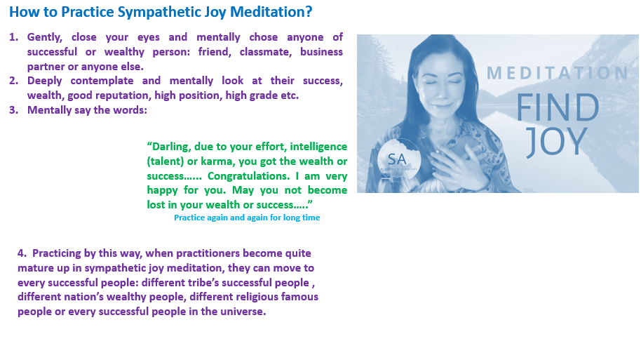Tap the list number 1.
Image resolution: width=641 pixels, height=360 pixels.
[13, 37]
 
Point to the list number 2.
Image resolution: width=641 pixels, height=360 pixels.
[13, 81]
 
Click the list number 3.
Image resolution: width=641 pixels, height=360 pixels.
[13, 110]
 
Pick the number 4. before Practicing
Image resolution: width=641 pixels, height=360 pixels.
[22, 253]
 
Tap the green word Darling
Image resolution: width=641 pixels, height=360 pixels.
[169, 147]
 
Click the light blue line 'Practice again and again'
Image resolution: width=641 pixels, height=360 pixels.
[247, 218]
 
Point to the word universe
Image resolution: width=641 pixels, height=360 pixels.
[243, 312]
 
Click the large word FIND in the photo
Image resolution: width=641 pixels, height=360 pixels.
[558, 107]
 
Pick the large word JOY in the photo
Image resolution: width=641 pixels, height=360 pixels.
[557, 142]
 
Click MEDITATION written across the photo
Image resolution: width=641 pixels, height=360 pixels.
[558, 73]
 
